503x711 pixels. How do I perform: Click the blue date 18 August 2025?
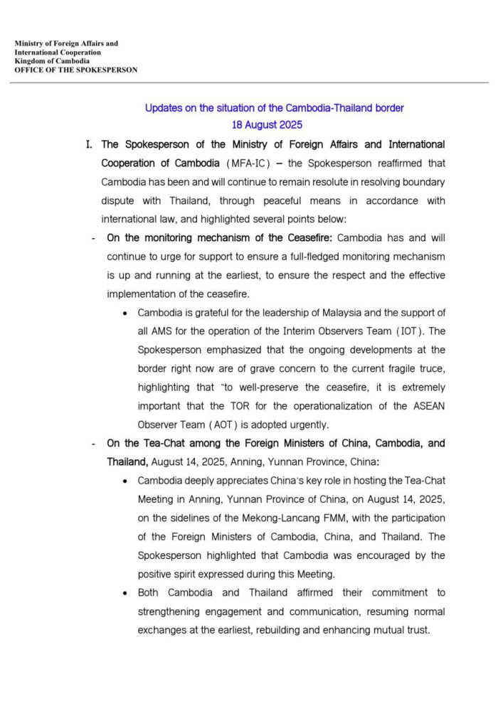pyautogui.click(x=274, y=125)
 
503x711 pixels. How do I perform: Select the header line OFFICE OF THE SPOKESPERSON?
pyautogui.click(x=76, y=70)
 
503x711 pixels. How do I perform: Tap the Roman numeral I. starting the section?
pyautogui.click(x=89, y=145)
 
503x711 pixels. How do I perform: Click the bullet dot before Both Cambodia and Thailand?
pyautogui.click(x=126, y=592)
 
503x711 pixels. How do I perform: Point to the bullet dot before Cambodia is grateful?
pyautogui.click(x=126, y=313)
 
